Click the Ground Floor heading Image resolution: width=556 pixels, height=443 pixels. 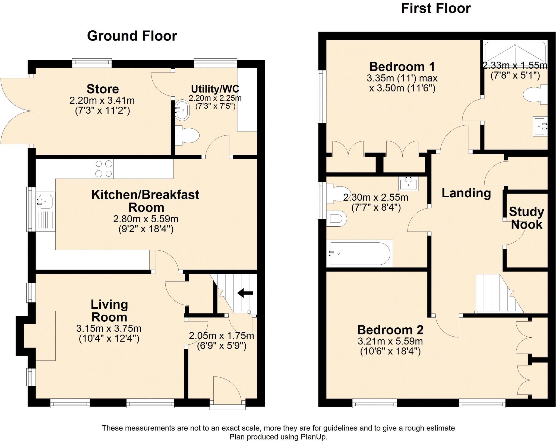click(132, 36)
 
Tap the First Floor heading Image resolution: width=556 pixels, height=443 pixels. click(435, 9)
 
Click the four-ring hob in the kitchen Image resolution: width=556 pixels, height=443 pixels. click(104, 169)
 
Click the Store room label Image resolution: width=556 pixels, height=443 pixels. click(103, 89)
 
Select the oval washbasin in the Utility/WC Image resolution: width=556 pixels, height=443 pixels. click(182, 110)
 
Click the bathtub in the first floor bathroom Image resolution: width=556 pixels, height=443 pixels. click(360, 254)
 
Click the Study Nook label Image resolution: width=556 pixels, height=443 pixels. click(526, 218)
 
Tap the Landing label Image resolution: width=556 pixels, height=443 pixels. click(466, 193)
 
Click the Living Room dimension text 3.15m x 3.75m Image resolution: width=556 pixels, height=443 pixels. click(109, 329)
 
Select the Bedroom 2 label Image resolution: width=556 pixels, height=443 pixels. click(390, 330)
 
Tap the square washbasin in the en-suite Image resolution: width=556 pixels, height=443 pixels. click(540, 126)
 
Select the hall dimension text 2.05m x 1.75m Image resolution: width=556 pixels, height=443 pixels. click(221, 336)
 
